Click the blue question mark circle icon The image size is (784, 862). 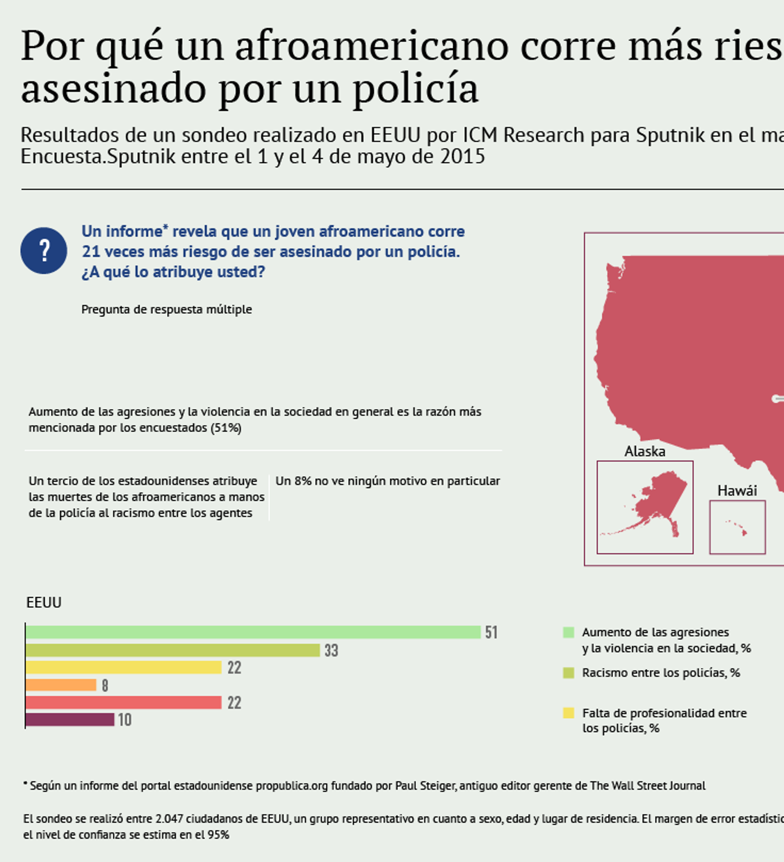(x=44, y=250)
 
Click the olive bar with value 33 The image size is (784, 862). (x=172, y=650)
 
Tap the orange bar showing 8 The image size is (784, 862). (x=61, y=685)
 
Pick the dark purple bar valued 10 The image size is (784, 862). (x=70, y=719)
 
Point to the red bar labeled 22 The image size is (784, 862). (x=123, y=703)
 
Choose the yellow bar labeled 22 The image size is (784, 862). (x=123, y=668)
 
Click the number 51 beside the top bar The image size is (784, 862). (x=491, y=632)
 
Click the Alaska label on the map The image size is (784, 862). (x=645, y=451)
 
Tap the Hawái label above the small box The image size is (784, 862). (x=737, y=490)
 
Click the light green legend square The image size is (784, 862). (x=568, y=632)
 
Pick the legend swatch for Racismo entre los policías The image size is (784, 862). (x=568, y=673)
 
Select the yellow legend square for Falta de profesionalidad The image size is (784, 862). (x=568, y=713)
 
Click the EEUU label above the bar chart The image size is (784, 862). (x=44, y=603)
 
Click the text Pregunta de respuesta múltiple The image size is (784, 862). (x=166, y=309)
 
